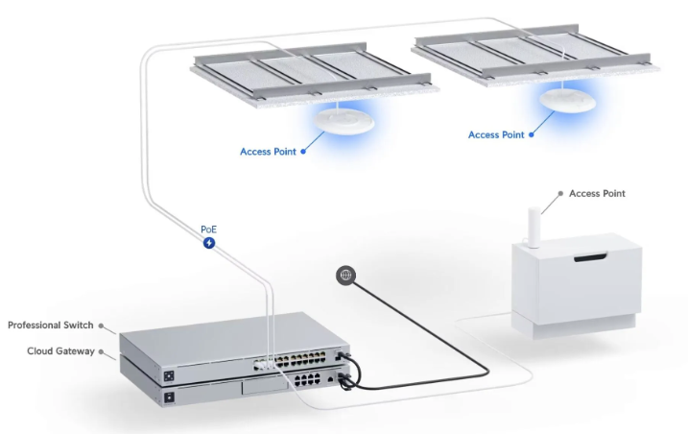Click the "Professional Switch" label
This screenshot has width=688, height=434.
pyautogui.click(x=50, y=325)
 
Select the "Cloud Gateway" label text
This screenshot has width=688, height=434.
pyautogui.click(x=60, y=351)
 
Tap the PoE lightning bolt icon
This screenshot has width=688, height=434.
pyautogui.click(x=209, y=244)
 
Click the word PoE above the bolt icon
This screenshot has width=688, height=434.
pyautogui.click(x=209, y=229)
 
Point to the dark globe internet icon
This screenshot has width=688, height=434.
pyautogui.click(x=345, y=276)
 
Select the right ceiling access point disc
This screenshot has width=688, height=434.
pyautogui.click(x=565, y=98)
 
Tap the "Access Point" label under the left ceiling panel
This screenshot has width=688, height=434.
pyautogui.click(x=269, y=152)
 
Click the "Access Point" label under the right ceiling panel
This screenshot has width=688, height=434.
pyautogui.click(x=496, y=135)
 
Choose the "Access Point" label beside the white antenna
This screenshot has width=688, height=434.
pyautogui.click(x=597, y=194)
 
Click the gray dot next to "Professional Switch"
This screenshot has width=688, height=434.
pyautogui.click(x=101, y=326)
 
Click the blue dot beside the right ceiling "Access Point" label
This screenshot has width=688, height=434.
pyautogui.click(x=531, y=135)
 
